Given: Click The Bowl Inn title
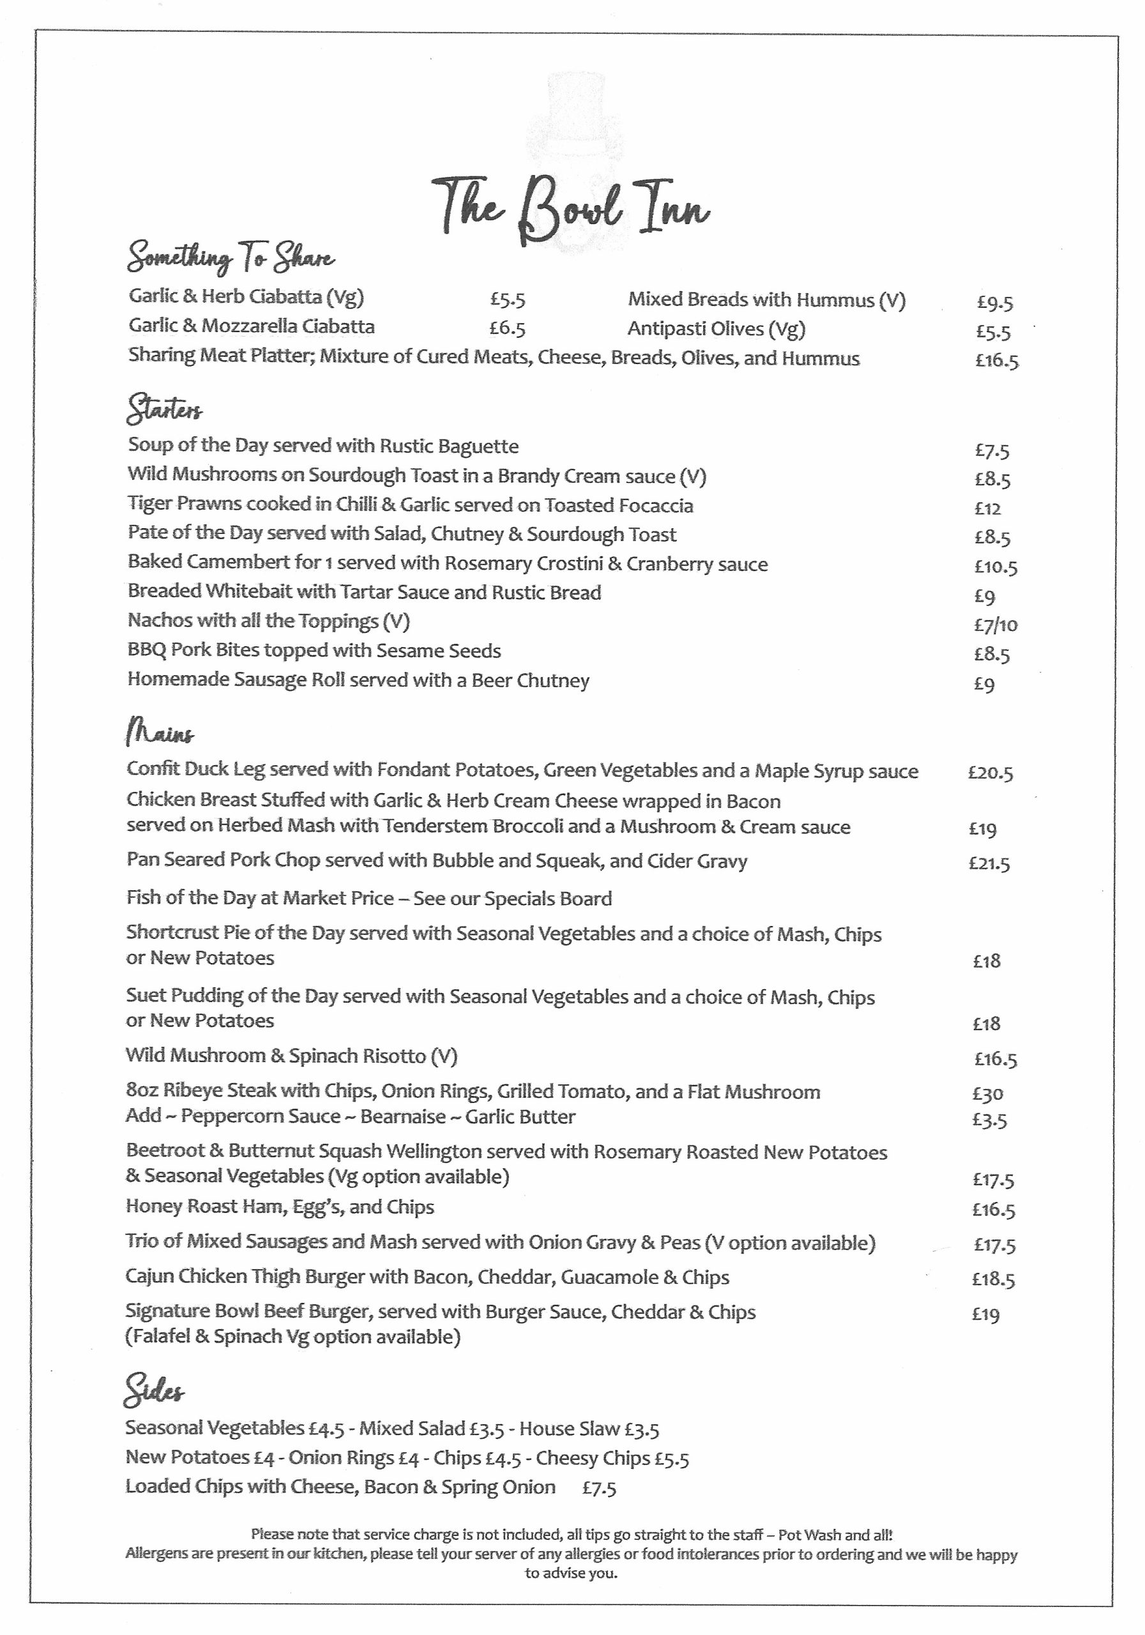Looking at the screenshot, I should click(571, 211).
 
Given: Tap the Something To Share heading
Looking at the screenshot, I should click(230, 259).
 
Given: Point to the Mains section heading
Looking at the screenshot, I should click(160, 733).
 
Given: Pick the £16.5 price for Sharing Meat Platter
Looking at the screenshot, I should click(996, 360).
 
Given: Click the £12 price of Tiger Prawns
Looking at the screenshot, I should click(988, 508).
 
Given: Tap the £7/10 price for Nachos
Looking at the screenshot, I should click(996, 625).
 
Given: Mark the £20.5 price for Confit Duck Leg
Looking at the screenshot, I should click(990, 773).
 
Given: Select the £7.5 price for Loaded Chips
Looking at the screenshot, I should click(599, 1488).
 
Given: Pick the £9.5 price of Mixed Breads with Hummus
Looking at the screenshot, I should click(994, 303).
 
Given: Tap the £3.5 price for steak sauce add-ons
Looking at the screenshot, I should click(989, 1120).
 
